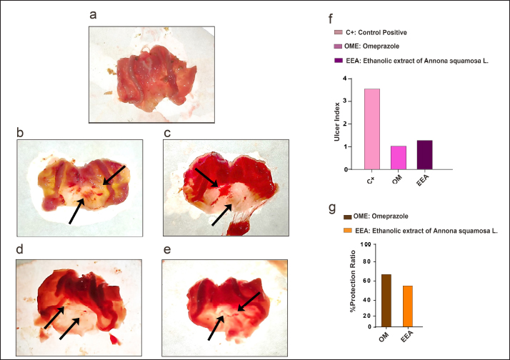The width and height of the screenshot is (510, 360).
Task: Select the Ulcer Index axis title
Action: tap(337, 124)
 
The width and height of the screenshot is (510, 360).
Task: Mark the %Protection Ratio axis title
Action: tap(352, 285)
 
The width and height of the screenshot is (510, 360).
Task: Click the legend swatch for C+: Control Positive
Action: tap(338, 32)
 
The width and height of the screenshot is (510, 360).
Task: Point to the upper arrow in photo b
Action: tap(114, 176)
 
